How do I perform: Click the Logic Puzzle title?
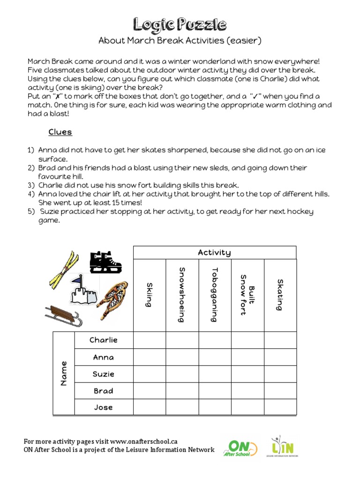pos(180,24)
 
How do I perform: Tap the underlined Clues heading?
pos(60,132)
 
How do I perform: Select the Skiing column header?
pos(149,295)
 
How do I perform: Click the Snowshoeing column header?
pos(182,295)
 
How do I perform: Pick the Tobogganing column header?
pos(215,295)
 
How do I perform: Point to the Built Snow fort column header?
pos(247,295)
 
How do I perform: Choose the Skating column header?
pos(280,295)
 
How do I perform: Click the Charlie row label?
pos(104,340)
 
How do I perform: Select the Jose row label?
pos(104,407)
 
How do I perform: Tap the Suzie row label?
pos(104,374)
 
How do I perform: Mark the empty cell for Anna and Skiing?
pos(150,357)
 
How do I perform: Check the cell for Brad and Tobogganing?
pos(215,390)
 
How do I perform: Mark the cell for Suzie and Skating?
pos(280,374)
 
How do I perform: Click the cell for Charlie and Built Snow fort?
pos(247,340)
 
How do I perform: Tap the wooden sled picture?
pos(63,315)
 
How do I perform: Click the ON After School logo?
pos(242,448)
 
